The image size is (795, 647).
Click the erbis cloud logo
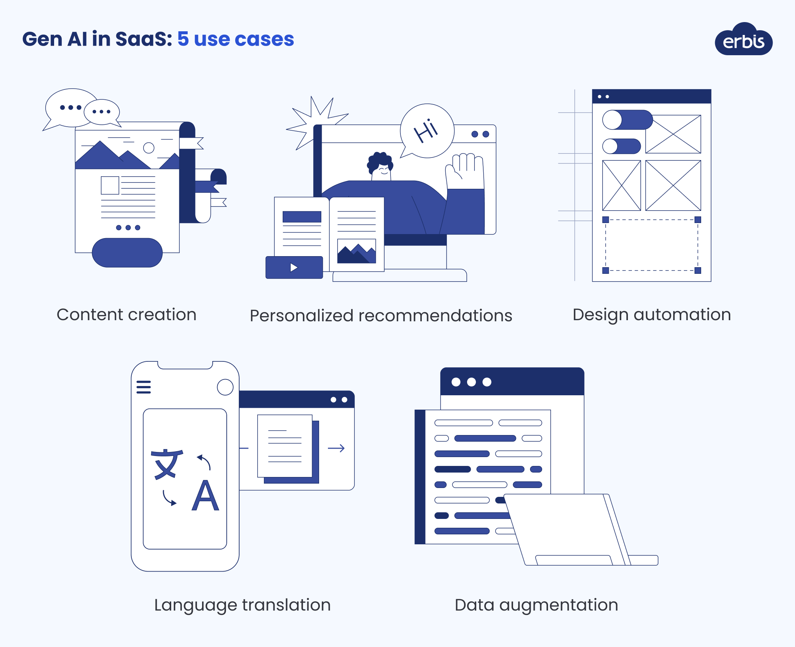tap(743, 40)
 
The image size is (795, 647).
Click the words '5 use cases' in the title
tap(236, 39)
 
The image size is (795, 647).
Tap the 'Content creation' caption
tap(126, 315)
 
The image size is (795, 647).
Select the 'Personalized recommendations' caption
tap(381, 316)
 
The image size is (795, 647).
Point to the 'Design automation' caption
tap(651, 315)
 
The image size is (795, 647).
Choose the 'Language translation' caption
tap(242, 605)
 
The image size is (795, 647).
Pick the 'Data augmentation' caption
tap(536, 605)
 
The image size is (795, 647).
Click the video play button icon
tap(294, 267)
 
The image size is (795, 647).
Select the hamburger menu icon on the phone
tap(144, 387)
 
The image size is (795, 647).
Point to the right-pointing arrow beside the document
tap(336, 448)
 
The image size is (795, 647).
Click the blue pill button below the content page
tap(127, 253)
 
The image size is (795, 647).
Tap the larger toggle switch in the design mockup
tap(627, 120)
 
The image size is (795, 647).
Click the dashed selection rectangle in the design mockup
tap(651, 245)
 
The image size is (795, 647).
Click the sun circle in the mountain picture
tap(149, 148)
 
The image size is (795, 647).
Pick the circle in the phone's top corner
tap(225, 387)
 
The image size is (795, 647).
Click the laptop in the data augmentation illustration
tap(566, 529)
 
